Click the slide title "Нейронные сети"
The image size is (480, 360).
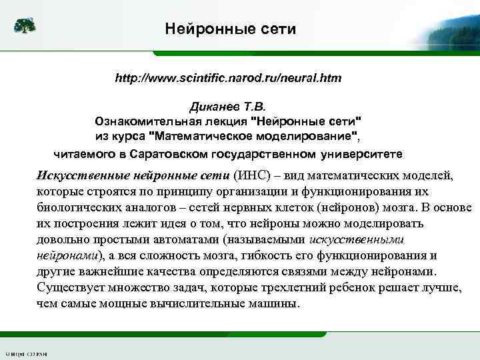[230, 29]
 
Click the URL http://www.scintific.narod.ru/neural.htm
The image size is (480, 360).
[228, 78]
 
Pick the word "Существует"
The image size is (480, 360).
[69, 287]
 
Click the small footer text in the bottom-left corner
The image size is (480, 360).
[23, 353]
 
